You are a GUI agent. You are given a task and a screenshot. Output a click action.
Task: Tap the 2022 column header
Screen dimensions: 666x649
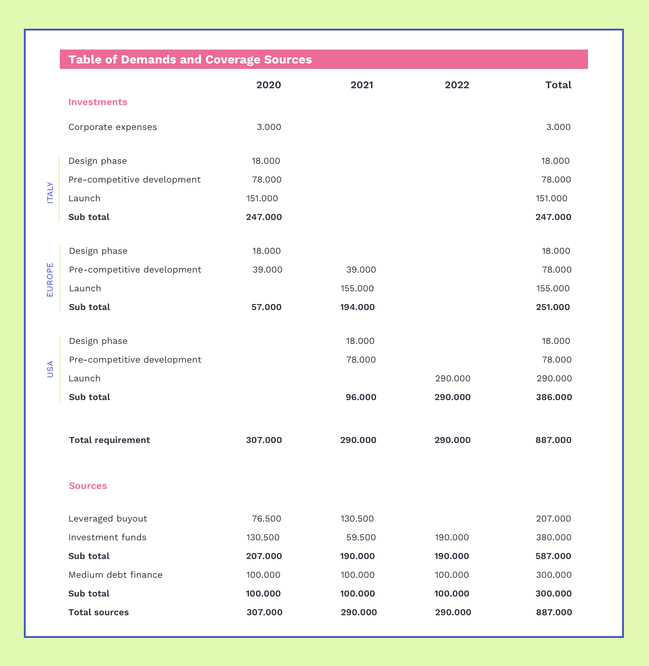pyautogui.click(x=457, y=85)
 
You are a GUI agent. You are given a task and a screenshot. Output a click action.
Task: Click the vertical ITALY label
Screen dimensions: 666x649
pyautogui.click(x=50, y=193)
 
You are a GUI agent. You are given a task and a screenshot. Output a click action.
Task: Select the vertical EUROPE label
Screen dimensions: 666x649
pyautogui.click(x=50, y=279)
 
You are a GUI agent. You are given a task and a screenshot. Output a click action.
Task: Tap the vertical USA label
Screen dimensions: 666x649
pyautogui.click(x=50, y=369)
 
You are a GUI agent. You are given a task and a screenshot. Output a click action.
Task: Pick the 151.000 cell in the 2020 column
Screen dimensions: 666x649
pyautogui.click(x=262, y=198)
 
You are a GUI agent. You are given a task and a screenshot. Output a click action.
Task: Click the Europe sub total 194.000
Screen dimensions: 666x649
pyautogui.click(x=357, y=307)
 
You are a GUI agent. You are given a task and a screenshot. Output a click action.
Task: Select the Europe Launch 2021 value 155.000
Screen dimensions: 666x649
pyautogui.click(x=357, y=288)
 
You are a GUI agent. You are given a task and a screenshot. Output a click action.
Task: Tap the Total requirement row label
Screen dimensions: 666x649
pyautogui.click(x=109, y=440)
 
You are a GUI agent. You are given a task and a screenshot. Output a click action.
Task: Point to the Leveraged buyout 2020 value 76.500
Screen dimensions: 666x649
pyautogui.click(x=266, y=519)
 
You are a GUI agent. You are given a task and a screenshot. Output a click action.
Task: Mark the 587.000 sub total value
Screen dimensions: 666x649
pyautogui.click(x=553, y=556)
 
